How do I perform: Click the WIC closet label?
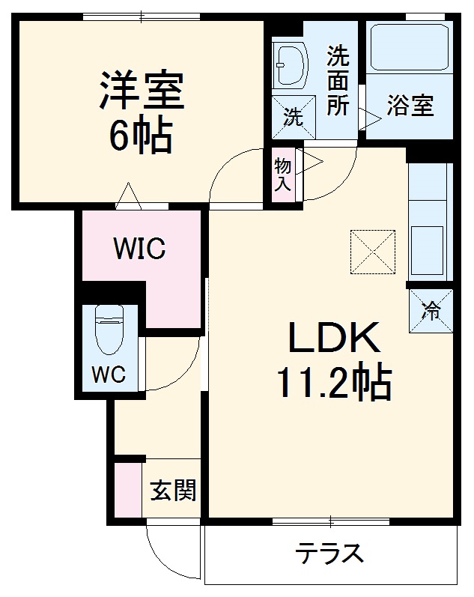coord(139,248)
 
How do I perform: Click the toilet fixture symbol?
coord(110,330)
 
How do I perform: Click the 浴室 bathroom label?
coord(410,106)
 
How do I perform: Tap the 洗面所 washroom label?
coord(338,80)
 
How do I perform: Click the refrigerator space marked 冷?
coord(431,310)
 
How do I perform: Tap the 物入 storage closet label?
coord(283,175)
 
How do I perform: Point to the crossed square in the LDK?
coord(372,250)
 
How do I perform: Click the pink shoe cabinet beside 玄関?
coord(127,490)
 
